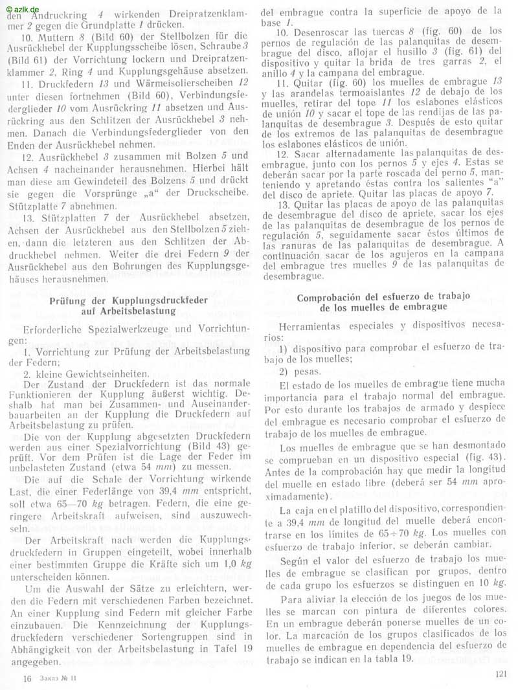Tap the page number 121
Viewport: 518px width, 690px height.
[x=499, y=673]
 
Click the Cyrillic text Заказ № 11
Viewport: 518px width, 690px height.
[x=59, y=678]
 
